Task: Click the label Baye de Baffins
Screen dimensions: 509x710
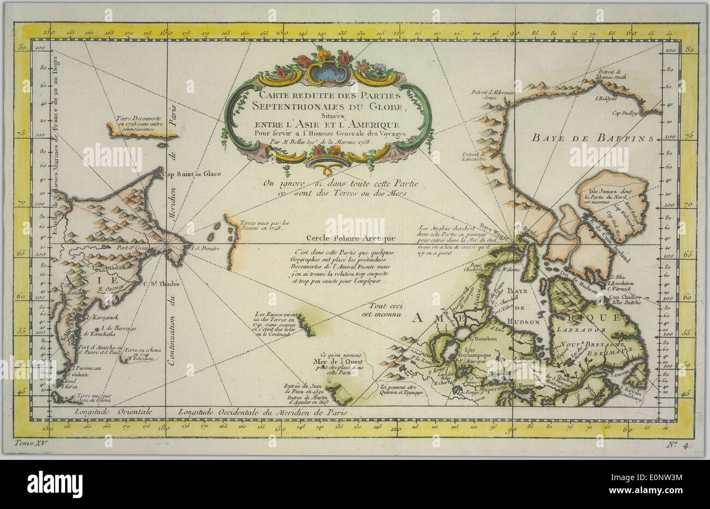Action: point(592,139)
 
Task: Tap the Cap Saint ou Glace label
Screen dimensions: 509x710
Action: point(183,175)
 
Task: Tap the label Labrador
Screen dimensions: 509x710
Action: point(581,331)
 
